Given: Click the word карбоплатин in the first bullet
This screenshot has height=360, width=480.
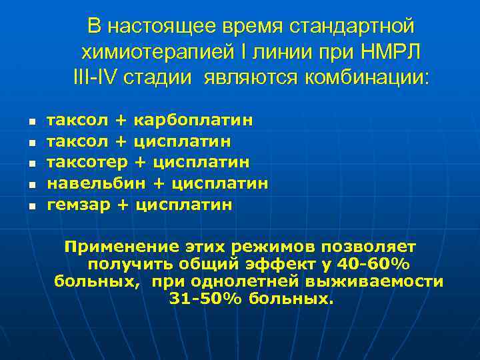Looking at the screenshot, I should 193,121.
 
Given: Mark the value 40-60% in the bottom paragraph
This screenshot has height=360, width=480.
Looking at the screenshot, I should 377,264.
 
